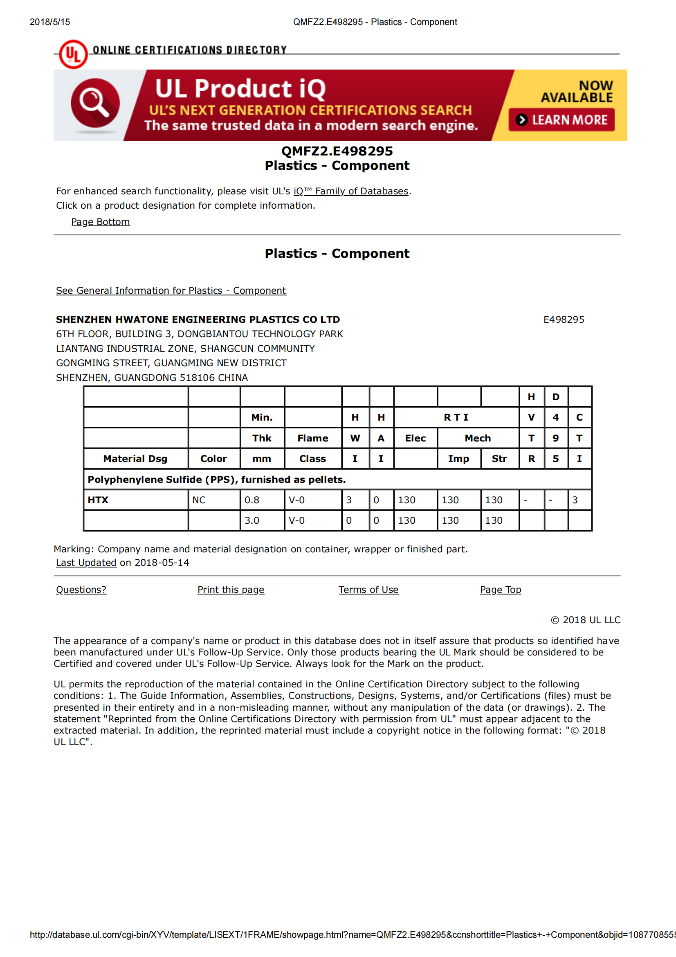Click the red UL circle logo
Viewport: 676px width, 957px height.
tap(73, 54)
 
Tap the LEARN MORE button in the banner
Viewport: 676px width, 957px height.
tap(561, 120)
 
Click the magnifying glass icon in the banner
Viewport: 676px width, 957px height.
tap(95, 103)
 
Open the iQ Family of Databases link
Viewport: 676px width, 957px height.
tap(351, 191)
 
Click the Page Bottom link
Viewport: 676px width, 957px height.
tap(100, 222)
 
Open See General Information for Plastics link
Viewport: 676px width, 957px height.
tap(171, 290)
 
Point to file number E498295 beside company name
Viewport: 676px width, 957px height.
tap(564, 320)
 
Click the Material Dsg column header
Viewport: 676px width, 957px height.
tap(135, 459)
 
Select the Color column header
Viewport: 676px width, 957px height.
tap(213, 459)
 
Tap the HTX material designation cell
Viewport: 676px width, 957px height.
tap(98, 500)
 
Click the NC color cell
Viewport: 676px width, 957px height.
tap(199, 500)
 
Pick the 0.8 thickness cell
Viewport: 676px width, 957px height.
tap(252, 500)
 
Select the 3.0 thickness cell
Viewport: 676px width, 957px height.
tap(252, 520)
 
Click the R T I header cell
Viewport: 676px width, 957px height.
tap(456, 418)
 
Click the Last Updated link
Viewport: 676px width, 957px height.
tap(86, 563)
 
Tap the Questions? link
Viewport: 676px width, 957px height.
tap(81, 590)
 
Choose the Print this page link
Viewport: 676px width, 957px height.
tap(231, 590)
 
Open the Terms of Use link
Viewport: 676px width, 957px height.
tap(368, 590)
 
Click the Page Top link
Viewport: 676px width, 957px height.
tap(501, 590)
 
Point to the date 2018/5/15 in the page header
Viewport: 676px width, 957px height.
tap(50, 22)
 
